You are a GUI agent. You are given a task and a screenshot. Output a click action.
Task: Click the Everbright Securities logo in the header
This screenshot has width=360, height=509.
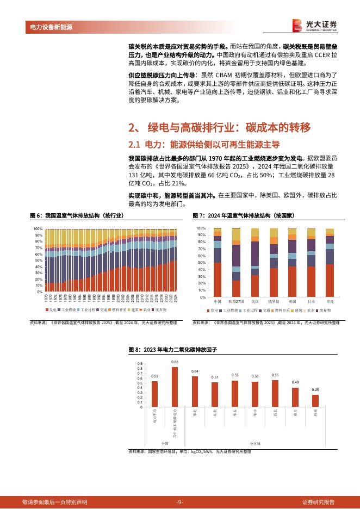tap(315, 24)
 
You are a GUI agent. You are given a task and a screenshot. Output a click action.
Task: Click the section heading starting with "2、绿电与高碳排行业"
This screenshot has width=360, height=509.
tap(219, 128)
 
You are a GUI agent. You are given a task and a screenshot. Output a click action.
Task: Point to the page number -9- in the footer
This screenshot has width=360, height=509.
tap(179, 501)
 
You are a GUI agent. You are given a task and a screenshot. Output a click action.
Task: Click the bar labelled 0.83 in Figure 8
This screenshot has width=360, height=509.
tap(175, 387)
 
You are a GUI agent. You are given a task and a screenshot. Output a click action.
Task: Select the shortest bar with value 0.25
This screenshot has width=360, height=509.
tap(315, 400)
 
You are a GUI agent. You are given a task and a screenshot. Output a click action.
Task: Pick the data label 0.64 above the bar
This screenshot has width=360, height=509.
tap(195, 371)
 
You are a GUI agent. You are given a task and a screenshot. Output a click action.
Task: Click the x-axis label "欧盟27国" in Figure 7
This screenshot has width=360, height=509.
tap(236, 301)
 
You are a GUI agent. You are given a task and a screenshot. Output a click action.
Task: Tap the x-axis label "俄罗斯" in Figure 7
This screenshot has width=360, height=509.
tap(274, 301)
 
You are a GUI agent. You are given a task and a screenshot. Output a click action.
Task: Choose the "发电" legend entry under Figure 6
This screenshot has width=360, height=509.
tap(52, 309)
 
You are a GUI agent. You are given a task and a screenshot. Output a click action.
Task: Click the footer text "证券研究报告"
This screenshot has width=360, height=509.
tap(318, 501)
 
